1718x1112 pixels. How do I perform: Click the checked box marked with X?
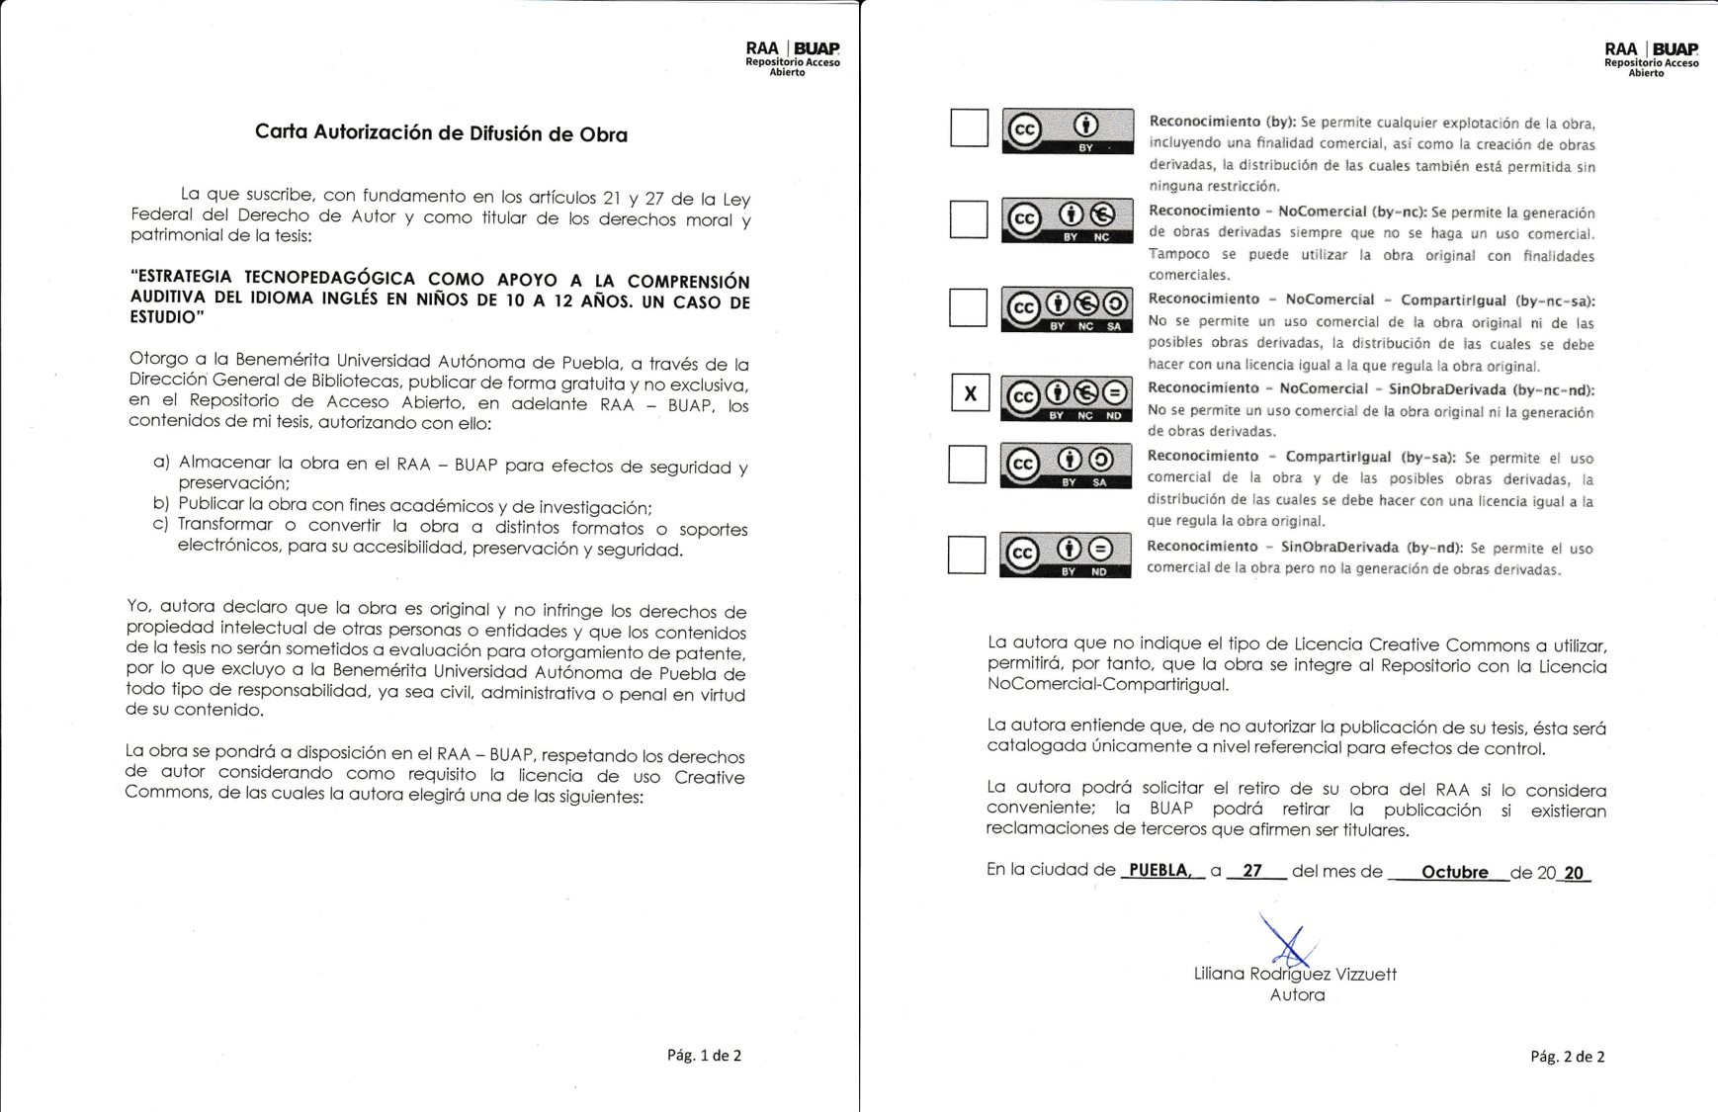(970, 393)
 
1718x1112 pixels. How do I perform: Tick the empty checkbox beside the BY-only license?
(969, 128)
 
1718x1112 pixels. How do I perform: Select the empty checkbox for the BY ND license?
(967, 555)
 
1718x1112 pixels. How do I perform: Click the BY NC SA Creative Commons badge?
(1066, 309)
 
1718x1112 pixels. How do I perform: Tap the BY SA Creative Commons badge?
(1066, 466)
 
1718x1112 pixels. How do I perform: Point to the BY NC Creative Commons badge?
(1067, 220)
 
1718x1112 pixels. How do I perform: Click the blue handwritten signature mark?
(1287, 940)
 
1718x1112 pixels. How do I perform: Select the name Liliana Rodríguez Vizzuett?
(1295, 975)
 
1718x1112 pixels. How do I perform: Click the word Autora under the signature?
(1297, 995)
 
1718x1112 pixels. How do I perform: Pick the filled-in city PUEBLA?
(1159, 871)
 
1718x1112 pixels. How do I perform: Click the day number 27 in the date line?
(1252, 871)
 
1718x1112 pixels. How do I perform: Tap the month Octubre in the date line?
(1454, 873)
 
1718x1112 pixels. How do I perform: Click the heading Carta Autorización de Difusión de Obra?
(441, 133)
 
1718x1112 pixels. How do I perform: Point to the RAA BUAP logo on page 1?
(792, 58)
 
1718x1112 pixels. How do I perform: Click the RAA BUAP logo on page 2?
(1651, 58)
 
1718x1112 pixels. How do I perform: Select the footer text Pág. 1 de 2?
(704, 1056)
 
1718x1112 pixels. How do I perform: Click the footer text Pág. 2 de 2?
(1567, 1057)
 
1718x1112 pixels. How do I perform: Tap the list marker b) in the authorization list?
(161, 504)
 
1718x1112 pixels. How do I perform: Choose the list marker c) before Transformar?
(161, 525)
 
